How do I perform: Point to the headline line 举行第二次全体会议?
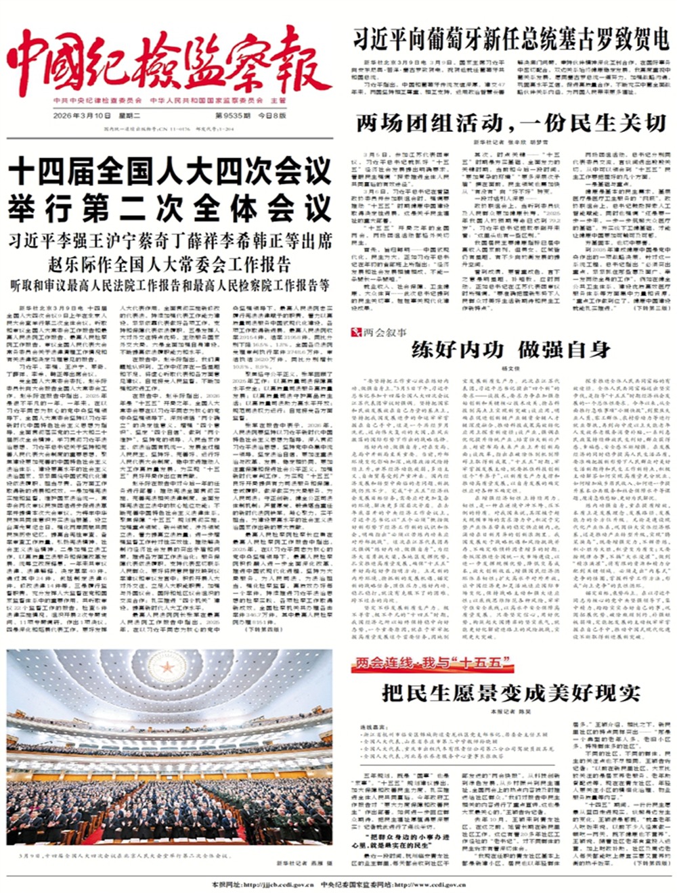(169, 208)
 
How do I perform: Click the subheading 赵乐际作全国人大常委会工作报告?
(169, 263)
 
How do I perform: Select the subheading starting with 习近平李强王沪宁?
(169, 242)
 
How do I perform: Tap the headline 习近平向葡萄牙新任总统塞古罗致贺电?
(510, 38)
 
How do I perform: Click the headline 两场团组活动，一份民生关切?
(511, 123)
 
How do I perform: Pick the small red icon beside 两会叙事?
(354, 332)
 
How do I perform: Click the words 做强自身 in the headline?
(565, 350)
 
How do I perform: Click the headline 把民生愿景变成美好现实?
(511, 693)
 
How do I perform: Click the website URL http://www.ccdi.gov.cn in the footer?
(427, 884)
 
